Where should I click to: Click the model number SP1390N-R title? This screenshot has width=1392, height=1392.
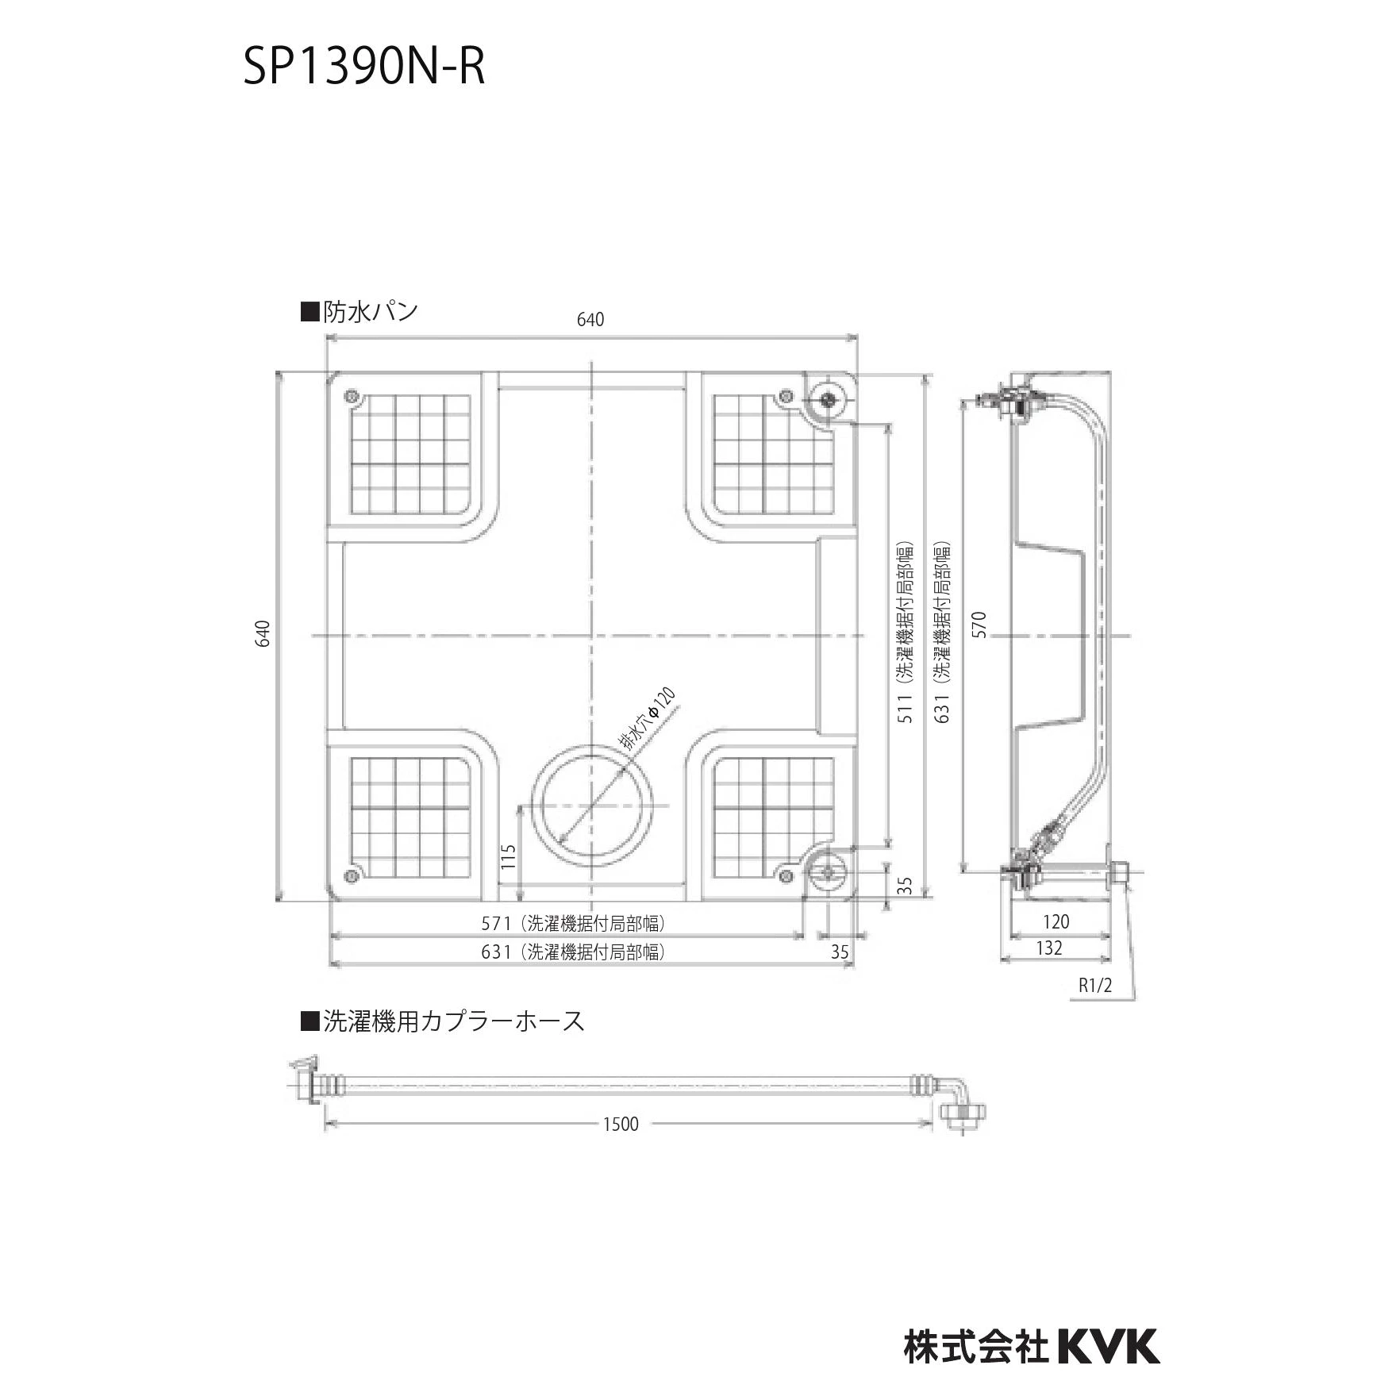click(x=363, y=67)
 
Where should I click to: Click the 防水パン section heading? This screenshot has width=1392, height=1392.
click(x=360, y=312)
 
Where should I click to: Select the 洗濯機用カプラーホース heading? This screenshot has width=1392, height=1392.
click(x=443, y=1021)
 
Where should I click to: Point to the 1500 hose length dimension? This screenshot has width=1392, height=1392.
click(x=621, y=1124)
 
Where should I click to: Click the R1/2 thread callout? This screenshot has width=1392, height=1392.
click(x=1095, y=986)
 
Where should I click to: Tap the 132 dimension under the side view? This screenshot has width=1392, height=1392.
click(x=1049, y=948)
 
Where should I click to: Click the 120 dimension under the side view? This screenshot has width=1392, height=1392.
click(x=1056, y=921)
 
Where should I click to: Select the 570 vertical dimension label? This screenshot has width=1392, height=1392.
click(x=979, y=625)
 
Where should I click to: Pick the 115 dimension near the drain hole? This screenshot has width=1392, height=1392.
click(x=509, y=856)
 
